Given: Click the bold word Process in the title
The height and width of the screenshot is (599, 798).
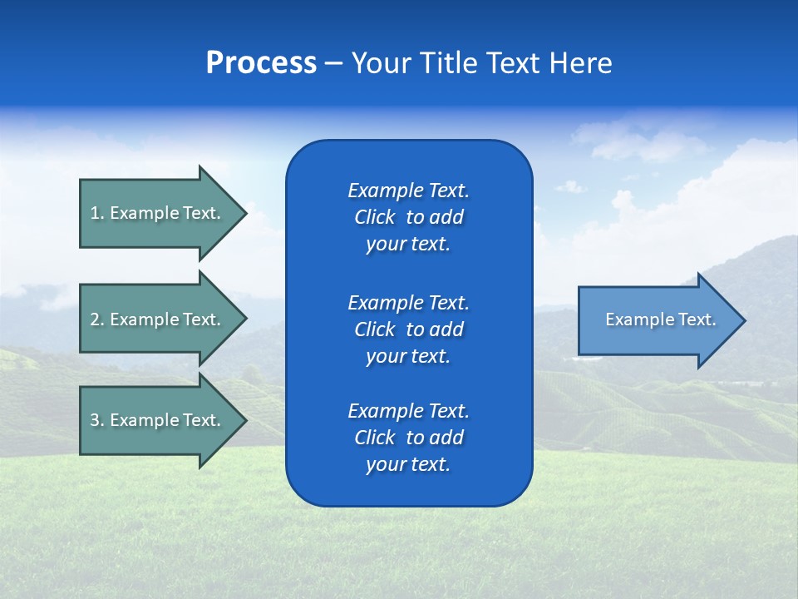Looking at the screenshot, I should click(261, 63).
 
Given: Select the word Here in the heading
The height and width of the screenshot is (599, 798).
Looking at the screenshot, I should click(581, 63).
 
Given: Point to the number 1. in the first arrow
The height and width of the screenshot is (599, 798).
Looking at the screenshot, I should click(97, 213).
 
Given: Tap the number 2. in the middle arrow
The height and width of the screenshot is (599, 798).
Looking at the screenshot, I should click(97, 319).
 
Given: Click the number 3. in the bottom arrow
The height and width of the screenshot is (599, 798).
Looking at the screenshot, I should click(97, 420).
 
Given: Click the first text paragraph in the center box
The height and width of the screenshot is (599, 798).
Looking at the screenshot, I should click(408, 217).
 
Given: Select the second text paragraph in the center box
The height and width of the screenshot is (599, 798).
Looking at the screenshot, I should click(408, 329).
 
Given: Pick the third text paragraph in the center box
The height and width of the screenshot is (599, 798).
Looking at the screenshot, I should click(408, 438).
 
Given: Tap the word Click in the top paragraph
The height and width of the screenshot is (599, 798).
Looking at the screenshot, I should click(375, 217).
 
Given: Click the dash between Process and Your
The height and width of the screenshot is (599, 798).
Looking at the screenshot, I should click(333, 63).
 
